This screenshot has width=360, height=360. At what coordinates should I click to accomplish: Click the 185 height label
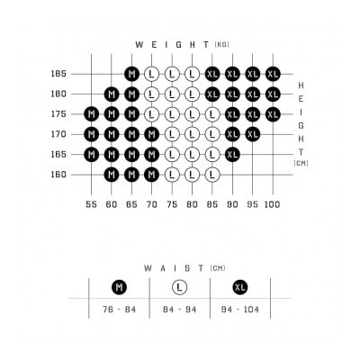pos(58,74)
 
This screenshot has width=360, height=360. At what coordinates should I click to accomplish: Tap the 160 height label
pos(58,175)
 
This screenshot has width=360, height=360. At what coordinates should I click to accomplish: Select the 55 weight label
pos(92,204)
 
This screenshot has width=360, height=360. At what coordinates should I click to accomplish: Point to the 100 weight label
pos(273,204)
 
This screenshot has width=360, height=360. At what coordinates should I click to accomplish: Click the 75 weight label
pos(172,204)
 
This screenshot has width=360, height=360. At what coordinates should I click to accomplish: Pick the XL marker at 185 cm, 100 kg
pos(273,74)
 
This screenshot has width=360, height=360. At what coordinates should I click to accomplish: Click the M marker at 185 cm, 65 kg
pos(131,74)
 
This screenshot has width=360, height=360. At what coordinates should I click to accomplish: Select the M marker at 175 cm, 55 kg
pos(92,114)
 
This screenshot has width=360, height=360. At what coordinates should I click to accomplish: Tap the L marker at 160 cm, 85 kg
pos(212,175)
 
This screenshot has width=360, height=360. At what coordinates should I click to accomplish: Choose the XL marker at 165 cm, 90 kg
pos(232,155)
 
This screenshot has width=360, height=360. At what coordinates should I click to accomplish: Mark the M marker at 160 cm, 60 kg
pos(112,175)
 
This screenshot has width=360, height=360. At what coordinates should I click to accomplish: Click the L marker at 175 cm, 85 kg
pos(212,114)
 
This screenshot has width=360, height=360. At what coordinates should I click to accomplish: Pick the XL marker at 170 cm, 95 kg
pos(253,134)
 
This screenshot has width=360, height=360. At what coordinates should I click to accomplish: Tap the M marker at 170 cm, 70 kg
pos(152,134)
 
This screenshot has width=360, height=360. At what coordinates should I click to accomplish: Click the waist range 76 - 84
pos(120,310)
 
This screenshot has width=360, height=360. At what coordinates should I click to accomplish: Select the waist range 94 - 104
pos(240,310)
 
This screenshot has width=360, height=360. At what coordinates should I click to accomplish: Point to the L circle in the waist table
pos(179,287)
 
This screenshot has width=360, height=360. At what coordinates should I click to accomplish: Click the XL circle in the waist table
pos(240,287)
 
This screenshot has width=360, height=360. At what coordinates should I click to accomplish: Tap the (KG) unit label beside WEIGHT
pos(222,45)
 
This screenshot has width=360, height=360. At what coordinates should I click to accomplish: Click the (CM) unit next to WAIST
pos(218,268)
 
